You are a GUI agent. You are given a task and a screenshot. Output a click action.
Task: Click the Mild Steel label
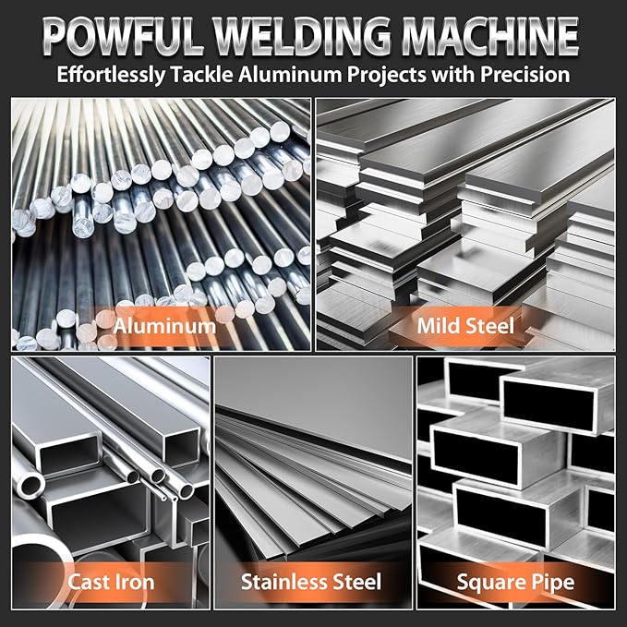coord(465,326)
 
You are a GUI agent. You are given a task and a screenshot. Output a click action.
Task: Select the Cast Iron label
coord(111,583)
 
